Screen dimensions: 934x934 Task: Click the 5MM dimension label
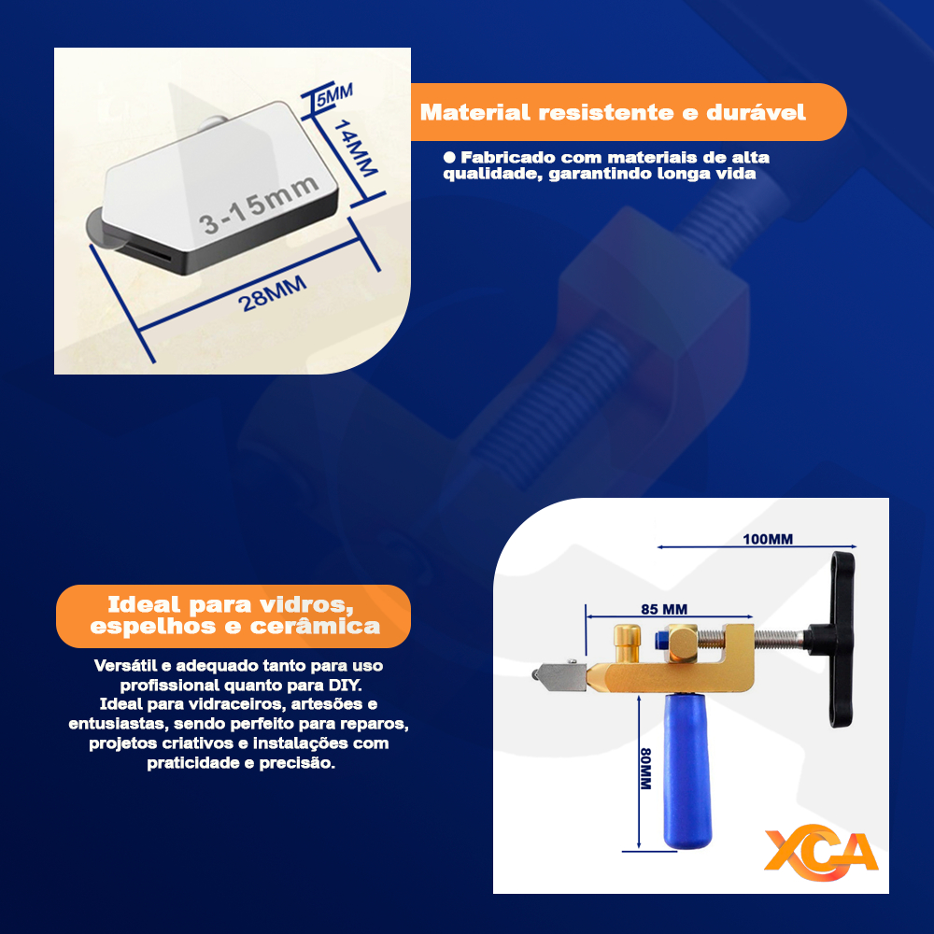pyautogui.click(x=334, y=95)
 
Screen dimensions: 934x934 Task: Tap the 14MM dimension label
pyautogui.click(x=355, y=149)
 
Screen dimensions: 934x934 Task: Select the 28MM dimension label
pyautogui.click(x=272, y=293)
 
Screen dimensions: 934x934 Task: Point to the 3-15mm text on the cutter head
pyautogui.click(x=259, y=205)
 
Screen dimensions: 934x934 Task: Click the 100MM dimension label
pyautogui.click(x=768, y=539)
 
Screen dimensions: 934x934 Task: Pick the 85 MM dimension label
pyautogui.click(x=664, y=609)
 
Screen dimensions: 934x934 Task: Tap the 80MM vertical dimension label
pyautogui.click(x=645, y=769)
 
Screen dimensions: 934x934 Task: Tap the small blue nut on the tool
pyautogui.click(x=660, y=640)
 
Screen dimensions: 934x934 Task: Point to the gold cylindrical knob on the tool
pyautogui.click(x=628, y=643)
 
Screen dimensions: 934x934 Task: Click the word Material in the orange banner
pyautogui.click(x=474, y=112)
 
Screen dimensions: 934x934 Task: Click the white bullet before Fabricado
pyautogui.click(x=449, y=157)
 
